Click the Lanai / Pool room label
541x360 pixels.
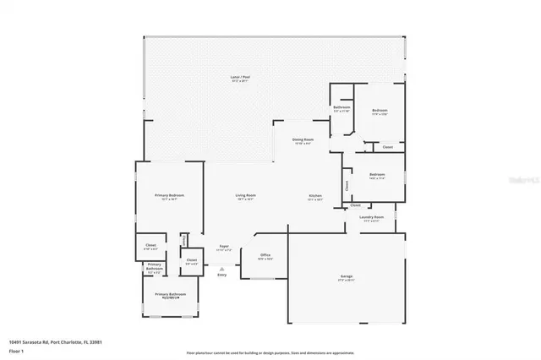[240, 78]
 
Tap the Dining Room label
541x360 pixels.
[303, 140]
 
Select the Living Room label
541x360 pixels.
[245, 196]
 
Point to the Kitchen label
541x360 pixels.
[314, 196]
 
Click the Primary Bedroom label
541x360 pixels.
[169, 196]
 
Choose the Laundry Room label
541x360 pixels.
[371, 217]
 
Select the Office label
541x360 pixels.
[265, 254]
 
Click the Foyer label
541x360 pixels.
[223, 246]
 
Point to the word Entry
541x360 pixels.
[222, 275]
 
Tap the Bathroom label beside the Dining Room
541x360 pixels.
[342, 108]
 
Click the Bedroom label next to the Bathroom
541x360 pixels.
[380, 111]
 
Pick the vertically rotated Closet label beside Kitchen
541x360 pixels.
[347, 184]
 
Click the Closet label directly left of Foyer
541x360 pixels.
[192, 259]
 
